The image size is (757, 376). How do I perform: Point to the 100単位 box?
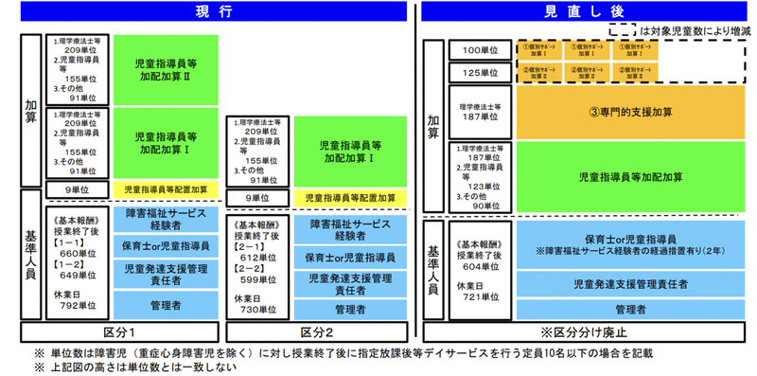coord(481,49)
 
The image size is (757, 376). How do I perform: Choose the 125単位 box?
coord(481,72)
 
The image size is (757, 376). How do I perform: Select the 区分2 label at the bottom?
coord(316,332)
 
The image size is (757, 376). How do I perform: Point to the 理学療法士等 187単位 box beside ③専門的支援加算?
coord(481,112)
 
